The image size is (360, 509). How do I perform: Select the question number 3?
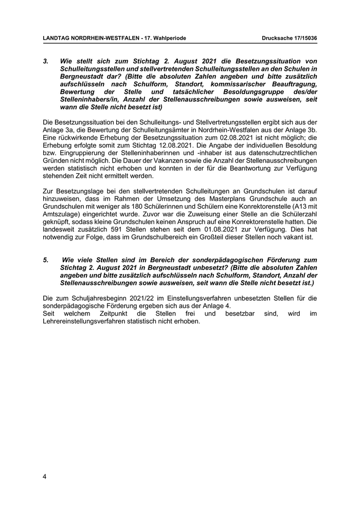click(x=45, y=61)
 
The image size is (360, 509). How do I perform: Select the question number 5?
click(x=45, y=260)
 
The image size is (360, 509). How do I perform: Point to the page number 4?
click(x=45, y=477)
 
